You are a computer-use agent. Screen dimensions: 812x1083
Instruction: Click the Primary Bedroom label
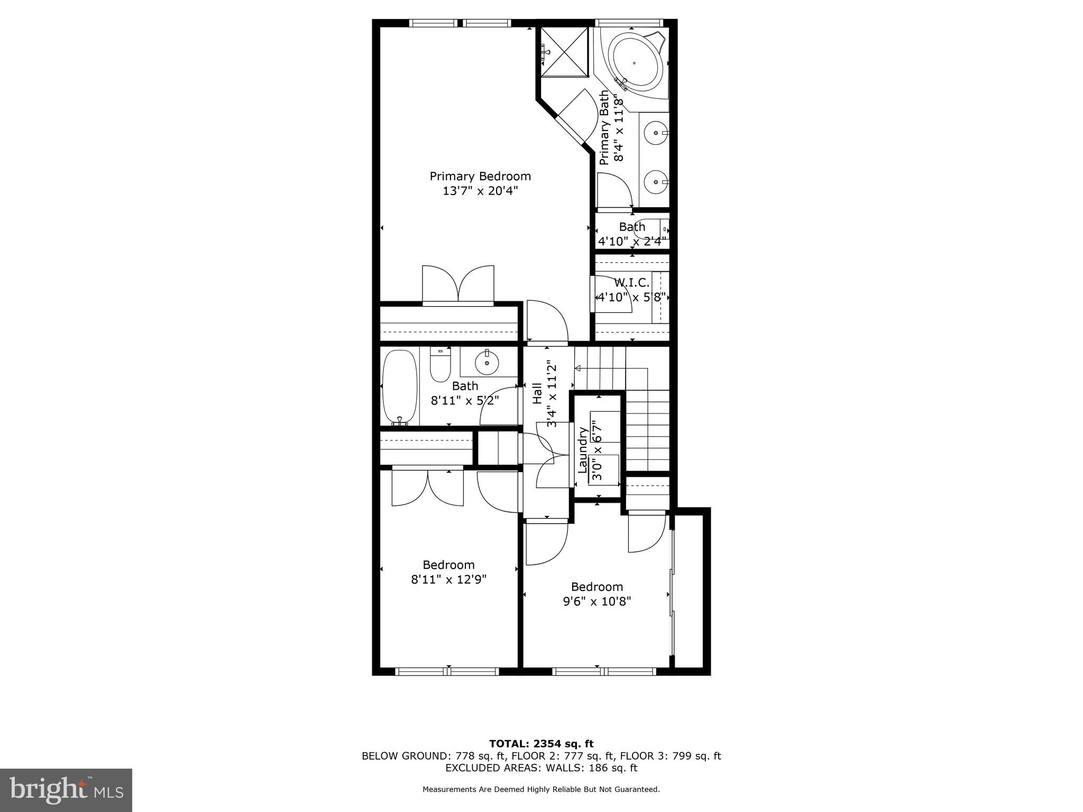pos(480,176)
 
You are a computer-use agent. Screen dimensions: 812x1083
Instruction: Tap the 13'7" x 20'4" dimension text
pos(480,191)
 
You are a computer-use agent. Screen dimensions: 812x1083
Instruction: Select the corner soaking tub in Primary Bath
pos(635,63)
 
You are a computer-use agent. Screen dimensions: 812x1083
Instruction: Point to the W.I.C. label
pos(632,283)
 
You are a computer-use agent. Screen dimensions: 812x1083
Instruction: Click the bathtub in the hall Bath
pos(400,387)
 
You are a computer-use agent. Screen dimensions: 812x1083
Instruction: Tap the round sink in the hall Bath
pos(487,363)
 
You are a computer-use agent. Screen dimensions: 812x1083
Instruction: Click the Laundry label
pos(583,450)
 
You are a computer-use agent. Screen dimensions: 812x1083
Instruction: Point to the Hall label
pos(537,393)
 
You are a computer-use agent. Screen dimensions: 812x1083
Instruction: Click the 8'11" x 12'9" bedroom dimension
pos(448,579)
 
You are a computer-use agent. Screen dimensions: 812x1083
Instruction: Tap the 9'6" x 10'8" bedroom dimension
pos(596,601)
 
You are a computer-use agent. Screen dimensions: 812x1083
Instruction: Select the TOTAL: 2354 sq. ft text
pos(541,744)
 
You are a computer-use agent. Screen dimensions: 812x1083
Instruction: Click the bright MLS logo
pos(66,790)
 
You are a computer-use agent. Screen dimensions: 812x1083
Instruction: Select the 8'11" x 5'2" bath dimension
pos(465,401)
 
